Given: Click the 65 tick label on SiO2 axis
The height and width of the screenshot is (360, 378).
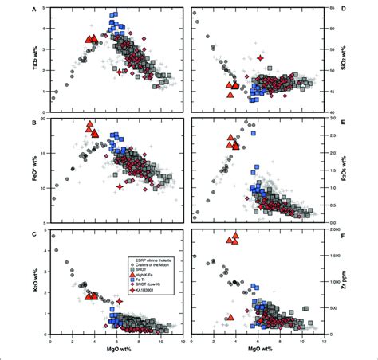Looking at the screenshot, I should (x=338, y=9).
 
